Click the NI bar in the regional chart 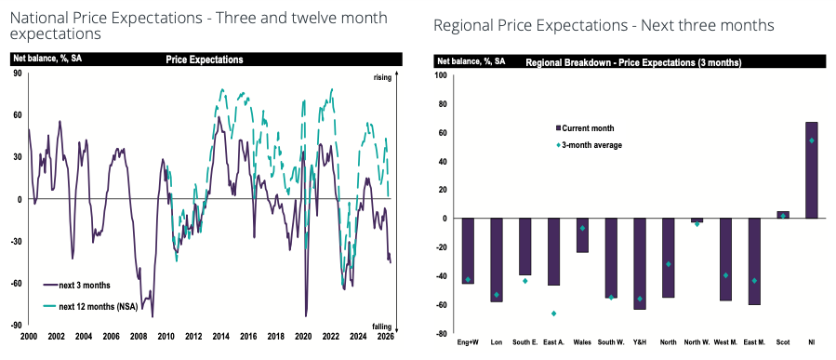(x=812, y=170)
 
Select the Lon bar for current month (x=497, y=260)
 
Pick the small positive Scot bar (x=783, y=215)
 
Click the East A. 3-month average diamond (x=554, y=313)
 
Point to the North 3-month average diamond (x=668, y=264)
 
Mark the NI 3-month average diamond (x=812, y=140)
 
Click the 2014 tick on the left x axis (x=220, y=337)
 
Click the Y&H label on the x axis (x=639, y=342)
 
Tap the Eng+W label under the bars (x=468, y=342)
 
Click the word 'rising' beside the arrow (x=382, y=78)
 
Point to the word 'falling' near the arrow (x=382, y=327)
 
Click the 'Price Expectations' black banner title (x=205, y=60)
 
